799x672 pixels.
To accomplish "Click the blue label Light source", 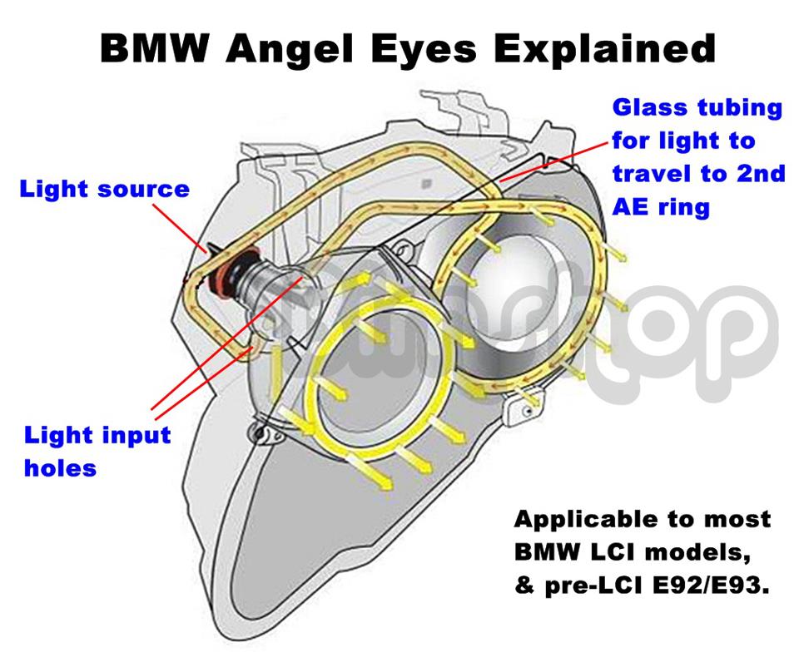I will (105, 189).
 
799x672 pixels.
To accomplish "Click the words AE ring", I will (661, 206).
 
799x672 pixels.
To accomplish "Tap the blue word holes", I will (60, 468).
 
